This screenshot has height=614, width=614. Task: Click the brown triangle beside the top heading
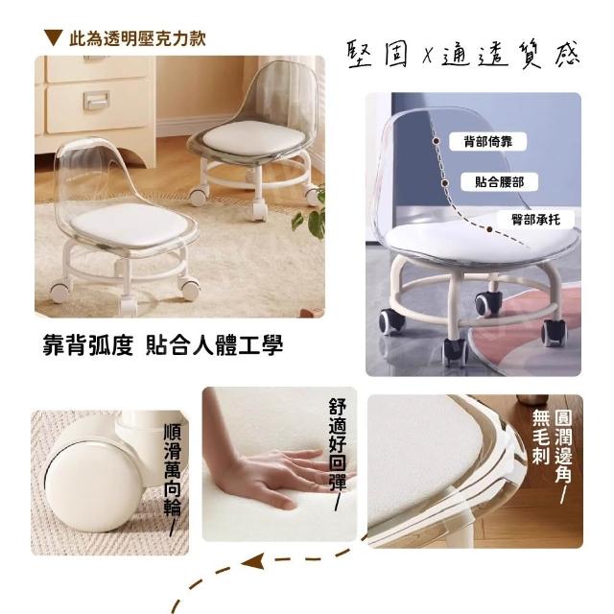click(x=54, y=37)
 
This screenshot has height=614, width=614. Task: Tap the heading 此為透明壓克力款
click(x=137, y=38)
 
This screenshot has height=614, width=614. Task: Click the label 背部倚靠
click(x=488, y=141)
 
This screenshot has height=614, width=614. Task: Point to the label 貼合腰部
click(x=499, y=181)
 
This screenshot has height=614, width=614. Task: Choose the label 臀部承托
click(x=535, y=220)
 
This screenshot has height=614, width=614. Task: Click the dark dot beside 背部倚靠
click(x=437, y=141)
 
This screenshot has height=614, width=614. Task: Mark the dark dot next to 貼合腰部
click(x=445, y=182)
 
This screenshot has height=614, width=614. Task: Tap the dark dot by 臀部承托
click(x=489, y=229)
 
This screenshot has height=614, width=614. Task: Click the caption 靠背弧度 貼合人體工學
click(x=162, y=345)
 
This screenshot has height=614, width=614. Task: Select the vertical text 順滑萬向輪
click(x=173, y=470)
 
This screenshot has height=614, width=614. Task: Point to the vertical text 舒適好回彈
click(x=338, y=444)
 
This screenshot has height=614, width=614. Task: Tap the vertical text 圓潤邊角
click(x=564, y=446)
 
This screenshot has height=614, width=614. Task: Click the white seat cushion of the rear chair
click(x=253, y=138)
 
